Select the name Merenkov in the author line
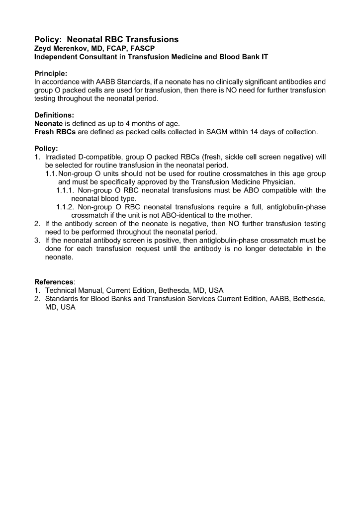pyautogui.click(x=72, y=48)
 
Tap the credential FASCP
pyautogui.click(x=142, y=48)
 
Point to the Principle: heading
pyautogui.click(x=52, y=73)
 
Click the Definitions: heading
pyautogui.click(x=54, y=114)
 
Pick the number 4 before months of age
pyautogui.click(x=134, y=123)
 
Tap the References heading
pyautogui.click(x=54, y=282)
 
